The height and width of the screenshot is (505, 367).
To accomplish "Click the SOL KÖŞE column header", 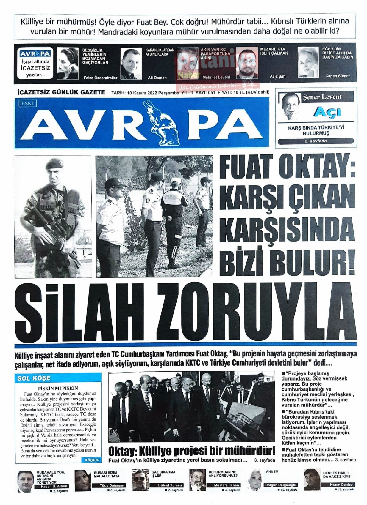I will click(34, 378).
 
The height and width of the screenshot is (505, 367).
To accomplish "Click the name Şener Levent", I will click(322, 97).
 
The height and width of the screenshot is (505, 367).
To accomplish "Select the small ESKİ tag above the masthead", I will click(27, 104).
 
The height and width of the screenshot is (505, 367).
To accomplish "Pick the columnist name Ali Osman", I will click(157, 78).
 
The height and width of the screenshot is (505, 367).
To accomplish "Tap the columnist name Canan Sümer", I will click(337, 76).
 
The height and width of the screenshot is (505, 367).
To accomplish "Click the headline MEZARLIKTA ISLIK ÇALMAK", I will click(274, 51).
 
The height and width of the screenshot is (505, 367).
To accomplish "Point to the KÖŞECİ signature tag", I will click(92, 460).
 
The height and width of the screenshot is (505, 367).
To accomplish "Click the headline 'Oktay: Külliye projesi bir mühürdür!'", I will click(191, 451).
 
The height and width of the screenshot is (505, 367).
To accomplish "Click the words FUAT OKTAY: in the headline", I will click(288, 169).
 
